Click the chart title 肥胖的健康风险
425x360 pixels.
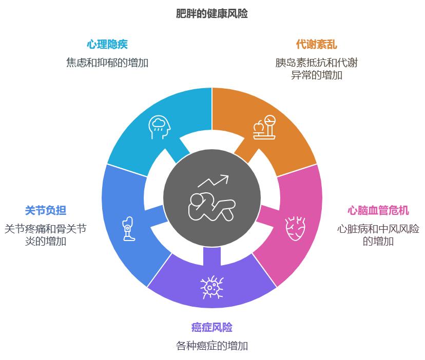pos(211,13)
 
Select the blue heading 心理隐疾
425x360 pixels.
pos(107,45)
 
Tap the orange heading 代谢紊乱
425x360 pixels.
pos(316,45)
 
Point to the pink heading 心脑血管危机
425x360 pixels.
pos(378,210)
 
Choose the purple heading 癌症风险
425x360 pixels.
pos(211,327)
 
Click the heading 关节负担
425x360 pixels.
pos(46,210)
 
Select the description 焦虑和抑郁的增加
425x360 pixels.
pos(107,63)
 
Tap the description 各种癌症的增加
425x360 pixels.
pos(211,346)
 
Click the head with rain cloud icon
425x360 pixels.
pos(159,127)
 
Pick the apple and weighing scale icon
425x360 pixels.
pos(264,127)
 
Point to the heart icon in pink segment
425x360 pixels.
pos(296,228)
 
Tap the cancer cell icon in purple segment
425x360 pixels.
pos(211,287)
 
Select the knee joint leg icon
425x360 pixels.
pos(128,229)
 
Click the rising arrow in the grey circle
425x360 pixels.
pos(214,181)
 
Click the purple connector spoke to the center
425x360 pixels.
pos(211,256)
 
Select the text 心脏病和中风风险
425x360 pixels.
pos(378,229)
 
